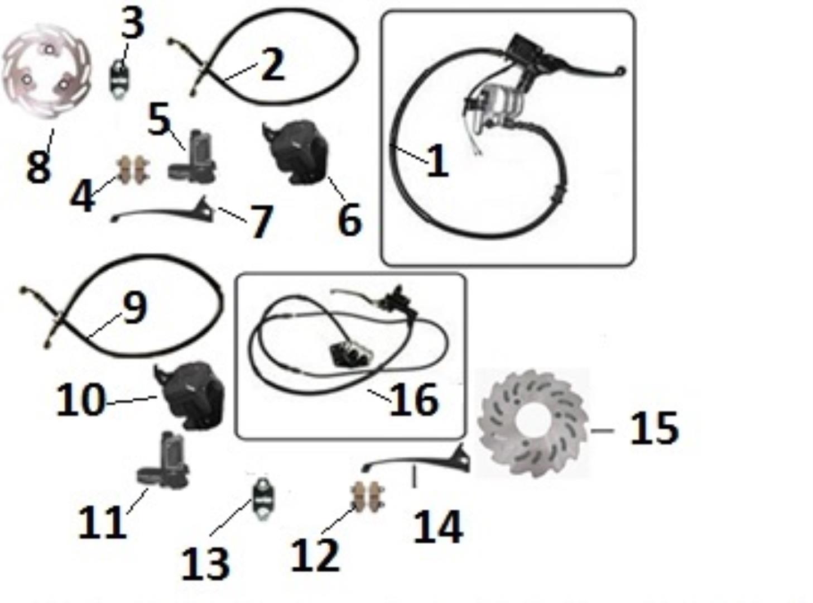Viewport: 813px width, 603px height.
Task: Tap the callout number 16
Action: [x=414, y=399]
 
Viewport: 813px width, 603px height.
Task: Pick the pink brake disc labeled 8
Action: [x=46, y=71]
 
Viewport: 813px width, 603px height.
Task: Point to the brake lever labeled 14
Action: [x=416, y=461]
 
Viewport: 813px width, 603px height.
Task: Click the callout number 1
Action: [x=437, y=161]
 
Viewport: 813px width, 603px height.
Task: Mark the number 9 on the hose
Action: [x=134, y=308]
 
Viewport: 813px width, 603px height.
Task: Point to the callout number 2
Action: [x=272, y=65]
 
